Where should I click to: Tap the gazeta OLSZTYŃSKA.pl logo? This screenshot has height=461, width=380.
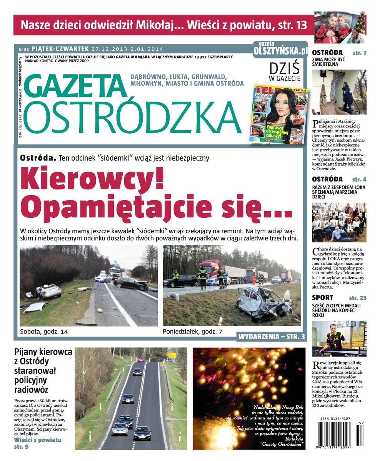click(x=280, y=49)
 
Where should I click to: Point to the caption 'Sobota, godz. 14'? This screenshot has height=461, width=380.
click(x=43, y=331)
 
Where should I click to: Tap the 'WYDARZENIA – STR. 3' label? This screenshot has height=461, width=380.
click(x=272, y=337)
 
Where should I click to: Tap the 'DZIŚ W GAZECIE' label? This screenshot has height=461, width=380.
click(x=284, y=72)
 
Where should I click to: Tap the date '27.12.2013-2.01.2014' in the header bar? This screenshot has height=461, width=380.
click(x=127, y=49)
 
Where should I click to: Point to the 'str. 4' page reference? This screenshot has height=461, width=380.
click(x=359, y=179)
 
